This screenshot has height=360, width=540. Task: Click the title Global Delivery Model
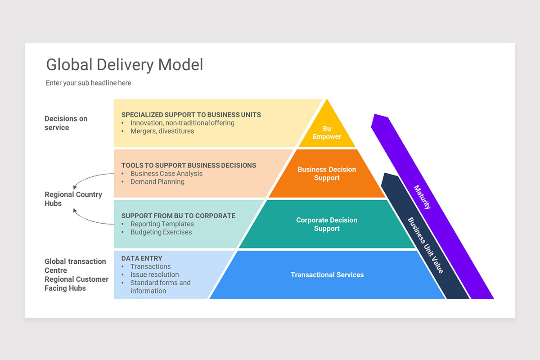(x=125, y=65)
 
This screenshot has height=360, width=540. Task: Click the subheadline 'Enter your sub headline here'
(x=89, y=83)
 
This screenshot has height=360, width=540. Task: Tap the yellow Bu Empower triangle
(x=327, y=132)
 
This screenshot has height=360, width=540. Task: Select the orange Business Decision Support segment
(x=327, y=174)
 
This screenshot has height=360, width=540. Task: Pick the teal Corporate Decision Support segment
(x=327, y=224)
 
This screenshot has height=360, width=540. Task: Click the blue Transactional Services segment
(x=327, y=274)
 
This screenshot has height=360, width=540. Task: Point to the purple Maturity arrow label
(x=422, y=197)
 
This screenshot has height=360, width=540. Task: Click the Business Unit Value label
(x=425, y=245)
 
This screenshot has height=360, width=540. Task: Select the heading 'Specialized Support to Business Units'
(x=191, y=115)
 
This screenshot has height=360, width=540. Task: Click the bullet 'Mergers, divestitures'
(x=162, y=131)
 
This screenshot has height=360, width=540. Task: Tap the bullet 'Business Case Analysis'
(x=166, y=174)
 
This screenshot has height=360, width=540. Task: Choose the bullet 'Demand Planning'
(x=157, y=182)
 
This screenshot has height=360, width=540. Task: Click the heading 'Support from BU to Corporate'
(x=178, y=216)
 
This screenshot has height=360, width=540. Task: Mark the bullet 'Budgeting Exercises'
(x=161, y=232)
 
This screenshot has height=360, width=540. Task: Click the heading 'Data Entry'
(x=142, y=258)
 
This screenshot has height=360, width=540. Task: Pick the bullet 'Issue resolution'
(x=154, y=274)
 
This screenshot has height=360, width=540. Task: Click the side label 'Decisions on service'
(x=66, y=123)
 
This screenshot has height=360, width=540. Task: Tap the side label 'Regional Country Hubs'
(x=73, y=198)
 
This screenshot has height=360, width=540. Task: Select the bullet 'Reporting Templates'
(x=162, y=224)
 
